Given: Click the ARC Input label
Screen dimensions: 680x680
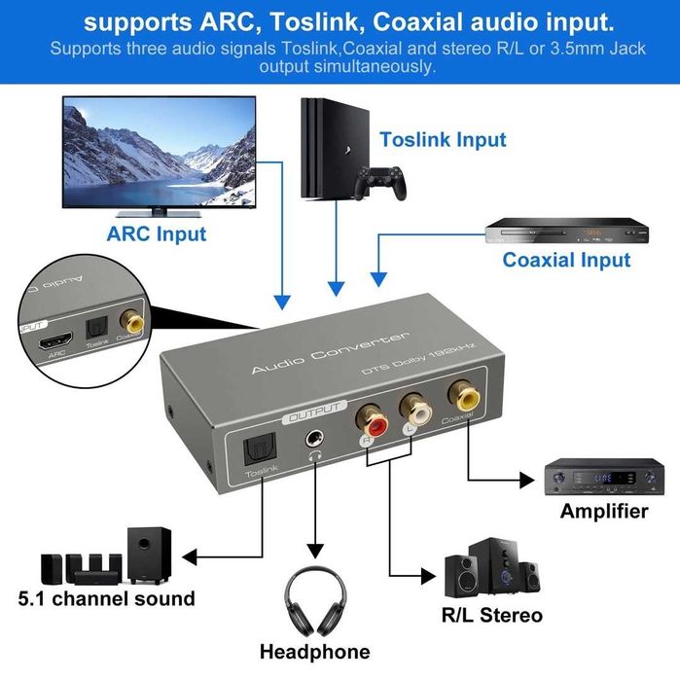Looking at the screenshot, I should pyautogui.click(x=157, y=233).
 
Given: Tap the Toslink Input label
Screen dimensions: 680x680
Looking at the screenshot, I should pyautogui.click(x=443, y=140).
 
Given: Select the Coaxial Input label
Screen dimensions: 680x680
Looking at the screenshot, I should pyautogui.click(x=566, y=260).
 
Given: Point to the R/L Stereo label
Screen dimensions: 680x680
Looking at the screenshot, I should pyautogui.click(x=492, y=615).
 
